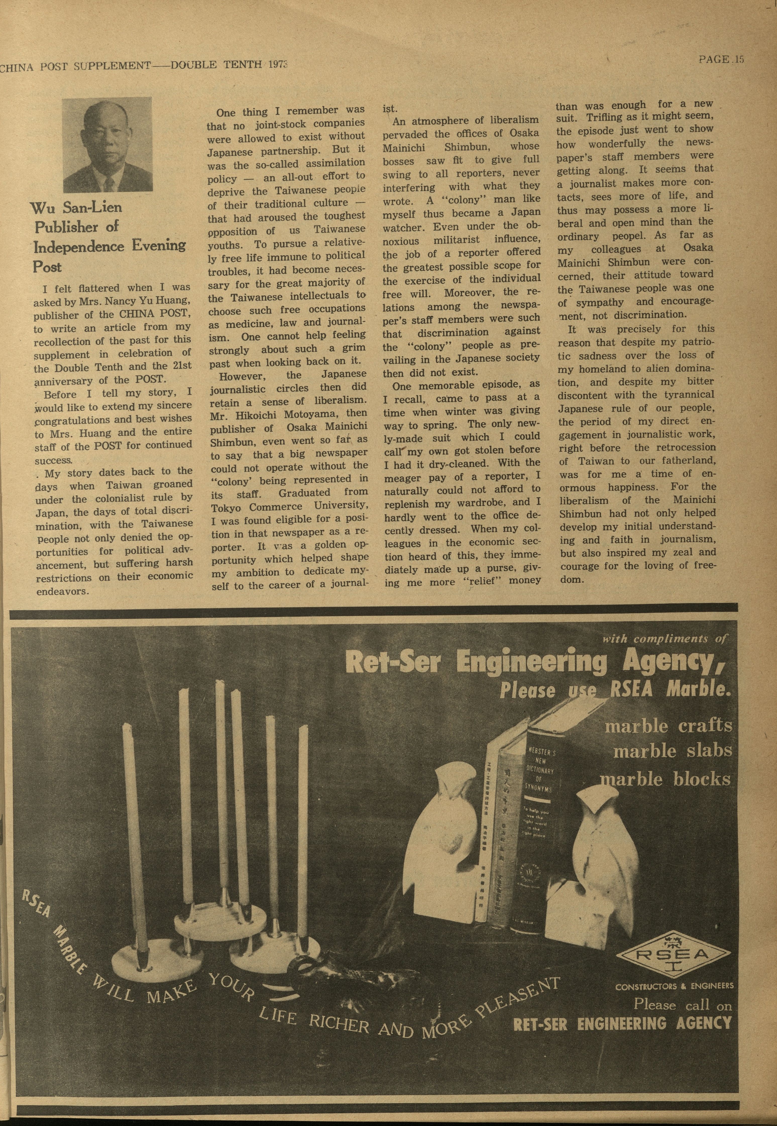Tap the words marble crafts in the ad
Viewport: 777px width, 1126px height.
pyautogui.click(x=668, y=726)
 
